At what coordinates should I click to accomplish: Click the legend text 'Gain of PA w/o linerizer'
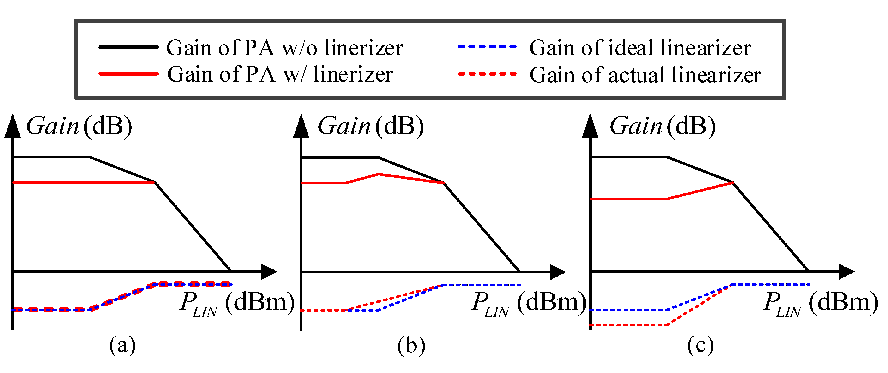pos(285,48)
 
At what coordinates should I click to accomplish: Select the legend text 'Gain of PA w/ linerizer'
pos(280,74)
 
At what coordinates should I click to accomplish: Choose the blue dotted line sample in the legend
pos(487,46)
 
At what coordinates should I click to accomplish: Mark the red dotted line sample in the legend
pos(487,73)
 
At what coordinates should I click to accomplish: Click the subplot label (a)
pos(122,346)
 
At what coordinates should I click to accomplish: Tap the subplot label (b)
pos(411,346)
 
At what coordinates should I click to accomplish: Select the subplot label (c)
pos(700,346)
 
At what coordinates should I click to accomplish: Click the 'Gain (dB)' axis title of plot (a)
pos(79,126)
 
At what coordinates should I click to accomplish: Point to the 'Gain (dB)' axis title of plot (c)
pos(663,126)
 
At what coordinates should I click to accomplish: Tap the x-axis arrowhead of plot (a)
pos(269,272)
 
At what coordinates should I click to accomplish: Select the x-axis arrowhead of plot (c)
pos(846,272)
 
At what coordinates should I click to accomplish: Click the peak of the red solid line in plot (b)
pos(378,174)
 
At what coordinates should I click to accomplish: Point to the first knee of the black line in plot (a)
pos(89,157)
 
